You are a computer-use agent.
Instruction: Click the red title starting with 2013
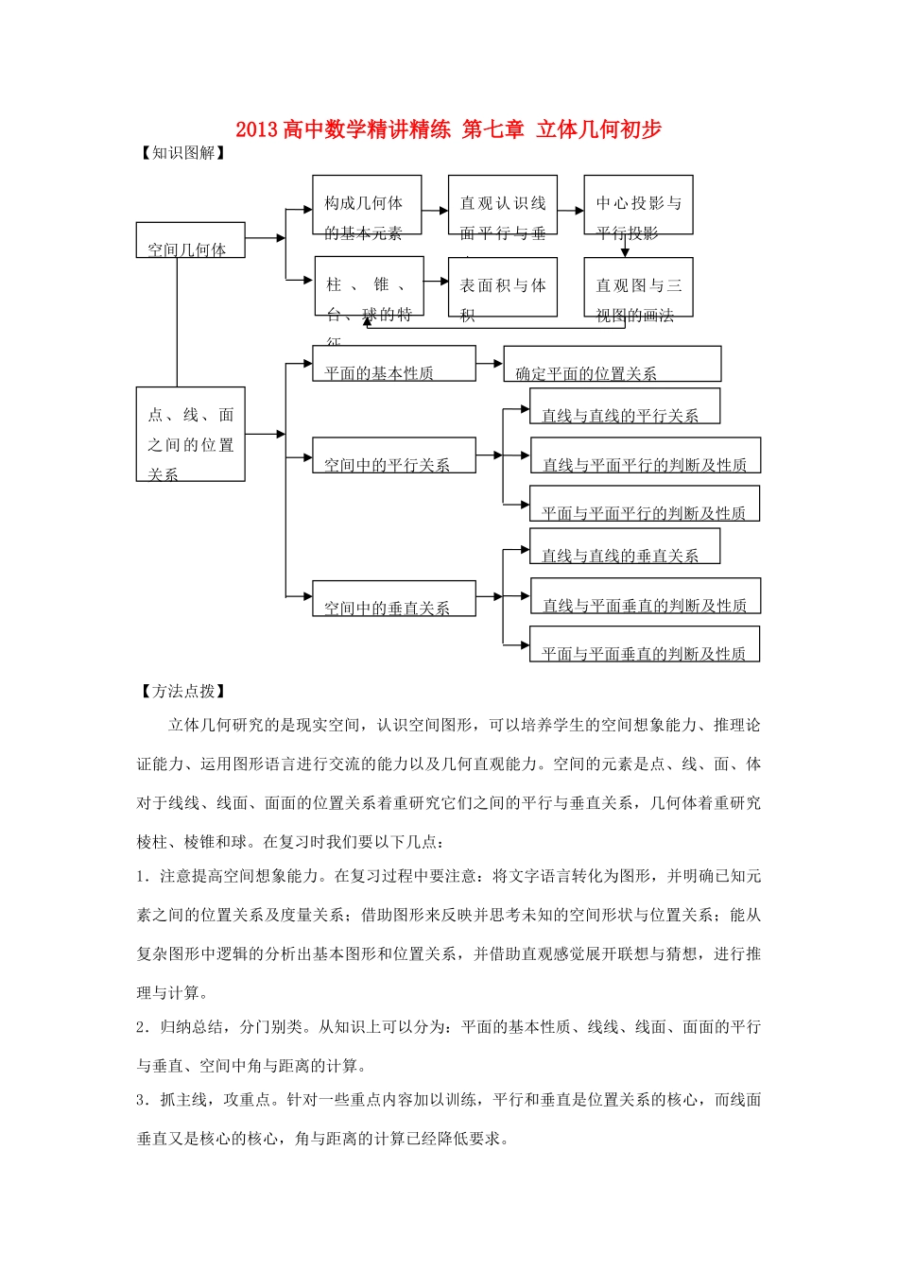coord(448,129)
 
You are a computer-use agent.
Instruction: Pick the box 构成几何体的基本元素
coord(367,205)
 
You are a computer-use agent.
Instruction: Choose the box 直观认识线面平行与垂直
coord(502,205)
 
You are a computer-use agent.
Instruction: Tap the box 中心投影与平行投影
coord(638,205)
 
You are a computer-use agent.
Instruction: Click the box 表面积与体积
coord(502,287)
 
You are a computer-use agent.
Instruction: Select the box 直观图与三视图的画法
coord(638,287)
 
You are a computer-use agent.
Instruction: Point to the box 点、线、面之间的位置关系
coord(190,434)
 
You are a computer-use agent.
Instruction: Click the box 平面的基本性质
coord(393,364)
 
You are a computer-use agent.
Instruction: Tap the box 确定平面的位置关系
coord(612,364)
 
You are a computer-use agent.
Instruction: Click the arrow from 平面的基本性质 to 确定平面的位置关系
coord(490,363)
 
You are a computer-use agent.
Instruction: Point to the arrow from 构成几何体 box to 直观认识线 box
coord(435,212)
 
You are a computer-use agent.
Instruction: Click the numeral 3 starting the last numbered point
coord(141,1100)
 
